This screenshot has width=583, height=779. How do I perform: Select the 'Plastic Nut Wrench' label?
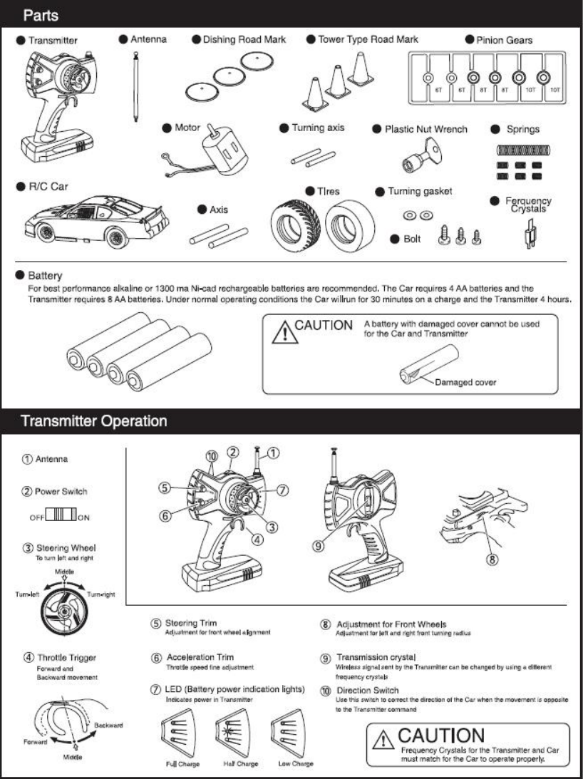(x=426, y=129)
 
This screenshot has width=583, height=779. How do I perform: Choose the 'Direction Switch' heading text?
(x=368, y=691)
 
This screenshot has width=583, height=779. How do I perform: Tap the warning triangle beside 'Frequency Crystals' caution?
(x=384, y=740)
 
